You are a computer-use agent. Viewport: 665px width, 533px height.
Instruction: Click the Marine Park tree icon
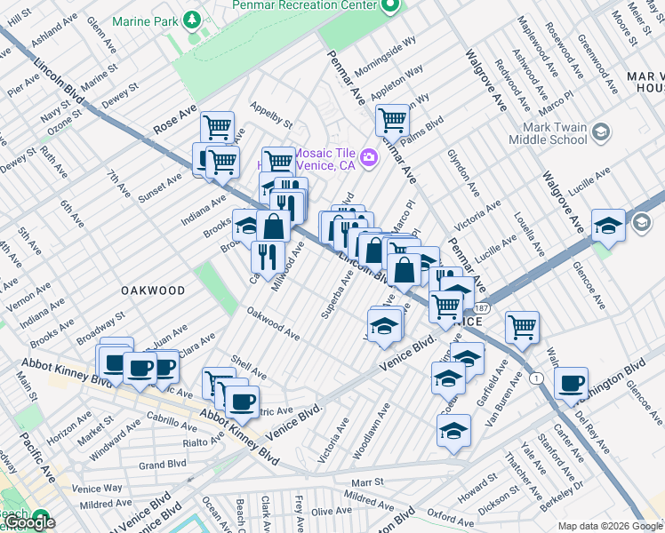point(191,20)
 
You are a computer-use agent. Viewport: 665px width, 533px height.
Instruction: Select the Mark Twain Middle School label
point(548,133)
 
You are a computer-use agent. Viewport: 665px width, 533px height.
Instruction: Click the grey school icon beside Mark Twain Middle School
point(601,133)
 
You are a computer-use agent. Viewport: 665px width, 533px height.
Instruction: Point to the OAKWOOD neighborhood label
point(153,290)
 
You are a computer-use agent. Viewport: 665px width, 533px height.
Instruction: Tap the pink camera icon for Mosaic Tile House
point(369,158)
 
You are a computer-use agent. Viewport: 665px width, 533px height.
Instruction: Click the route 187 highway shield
point(481,307)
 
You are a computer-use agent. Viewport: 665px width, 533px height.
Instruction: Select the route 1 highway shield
point(535,378)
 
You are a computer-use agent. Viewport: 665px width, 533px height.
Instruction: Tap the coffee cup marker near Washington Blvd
point(571,383)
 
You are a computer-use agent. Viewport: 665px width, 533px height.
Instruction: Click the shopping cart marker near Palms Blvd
point(391,118)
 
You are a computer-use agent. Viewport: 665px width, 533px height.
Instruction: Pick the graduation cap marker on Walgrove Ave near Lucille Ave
point(609,223)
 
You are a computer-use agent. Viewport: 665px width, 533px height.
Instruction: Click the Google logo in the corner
point(29,523)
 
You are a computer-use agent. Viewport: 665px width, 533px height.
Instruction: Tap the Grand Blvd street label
point(162,465)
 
